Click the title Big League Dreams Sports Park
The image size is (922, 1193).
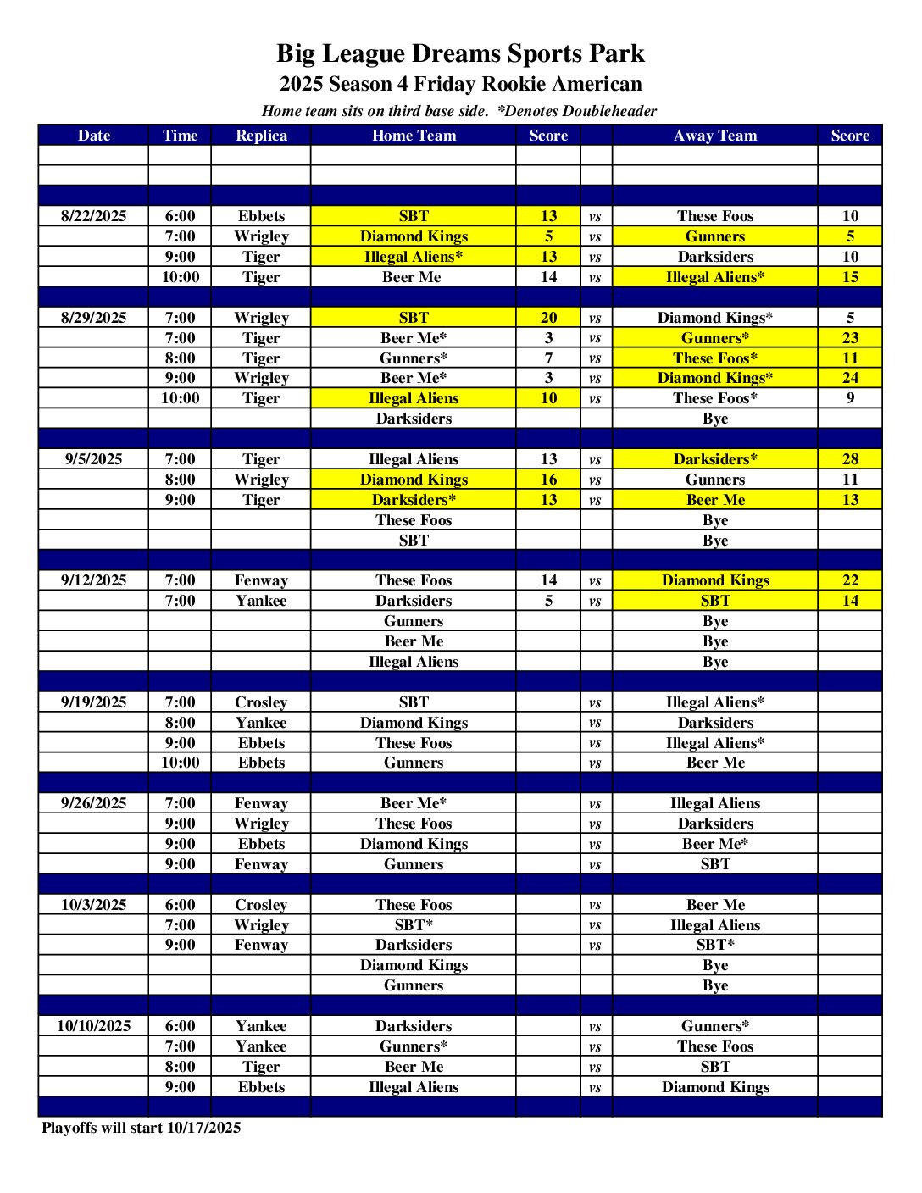pos(460,53)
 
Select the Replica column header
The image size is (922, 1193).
pos(261,136)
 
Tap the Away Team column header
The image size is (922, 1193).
pos(715,136)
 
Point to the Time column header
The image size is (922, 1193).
pos(180,136)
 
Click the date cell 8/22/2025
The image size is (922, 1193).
pos(93,216)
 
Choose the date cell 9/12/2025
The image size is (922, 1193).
pos(93,580)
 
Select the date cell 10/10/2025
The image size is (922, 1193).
pos(93,1026)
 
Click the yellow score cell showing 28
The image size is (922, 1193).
pos(850,459)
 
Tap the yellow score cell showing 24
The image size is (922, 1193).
pos(850,378)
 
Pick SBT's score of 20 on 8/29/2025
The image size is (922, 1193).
pos(548,318)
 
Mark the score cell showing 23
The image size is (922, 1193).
pos(850,338)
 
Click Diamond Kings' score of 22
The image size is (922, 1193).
pos(850,580)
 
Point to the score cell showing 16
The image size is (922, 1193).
pos(548,480)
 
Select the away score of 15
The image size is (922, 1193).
pos(850,277)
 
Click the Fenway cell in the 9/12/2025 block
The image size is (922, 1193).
pos(261,580)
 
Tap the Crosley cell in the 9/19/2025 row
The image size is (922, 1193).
pos(261,702)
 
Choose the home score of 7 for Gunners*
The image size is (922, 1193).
pos(548,358)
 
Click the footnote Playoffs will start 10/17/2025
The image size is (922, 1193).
pos(142,1128)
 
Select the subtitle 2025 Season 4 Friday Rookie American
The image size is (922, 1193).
pos(460,84)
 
